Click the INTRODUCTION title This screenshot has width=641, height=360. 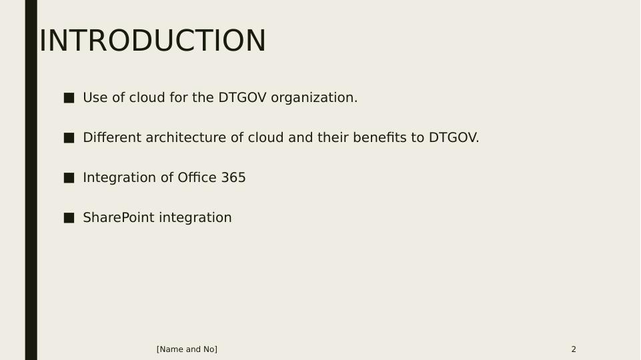[153, 41]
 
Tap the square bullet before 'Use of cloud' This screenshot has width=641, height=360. [69, 98]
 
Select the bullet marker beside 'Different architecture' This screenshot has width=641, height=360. [69, 138]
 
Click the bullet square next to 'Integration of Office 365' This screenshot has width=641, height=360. [69, 178]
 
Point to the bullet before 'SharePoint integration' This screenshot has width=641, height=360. [69, 218]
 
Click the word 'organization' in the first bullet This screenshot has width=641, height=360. [314, 98]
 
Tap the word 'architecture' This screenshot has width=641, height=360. [186, 138]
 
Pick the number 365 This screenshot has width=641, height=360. [233, 178]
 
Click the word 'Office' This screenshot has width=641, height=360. [197, 178]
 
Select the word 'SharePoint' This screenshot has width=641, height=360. [119, 217]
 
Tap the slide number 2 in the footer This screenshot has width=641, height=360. [574, 349]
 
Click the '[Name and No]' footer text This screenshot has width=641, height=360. [187, 349]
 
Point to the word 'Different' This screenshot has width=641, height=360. [112, 138]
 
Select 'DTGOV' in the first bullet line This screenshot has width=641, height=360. [242, 97]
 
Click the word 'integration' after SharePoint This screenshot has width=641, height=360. [195, 218]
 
